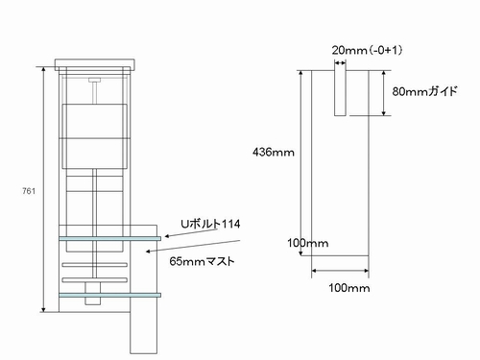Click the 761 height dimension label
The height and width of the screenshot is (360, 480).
click(29, 191)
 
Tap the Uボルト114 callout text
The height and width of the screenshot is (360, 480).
click(210, 224)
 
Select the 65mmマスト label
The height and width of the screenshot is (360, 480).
click(202, 261)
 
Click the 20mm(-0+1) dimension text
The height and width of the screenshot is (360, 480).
click(367, 50)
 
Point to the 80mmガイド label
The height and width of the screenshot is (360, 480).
click(424, 91)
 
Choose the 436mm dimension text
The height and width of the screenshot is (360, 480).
click(274, 152)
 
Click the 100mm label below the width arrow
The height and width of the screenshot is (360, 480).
click(349, 288)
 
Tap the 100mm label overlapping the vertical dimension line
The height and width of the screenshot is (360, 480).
click(307, 243)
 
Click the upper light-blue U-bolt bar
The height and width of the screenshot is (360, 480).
click(109, 239)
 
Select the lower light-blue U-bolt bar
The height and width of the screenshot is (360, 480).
click(109, 295)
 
